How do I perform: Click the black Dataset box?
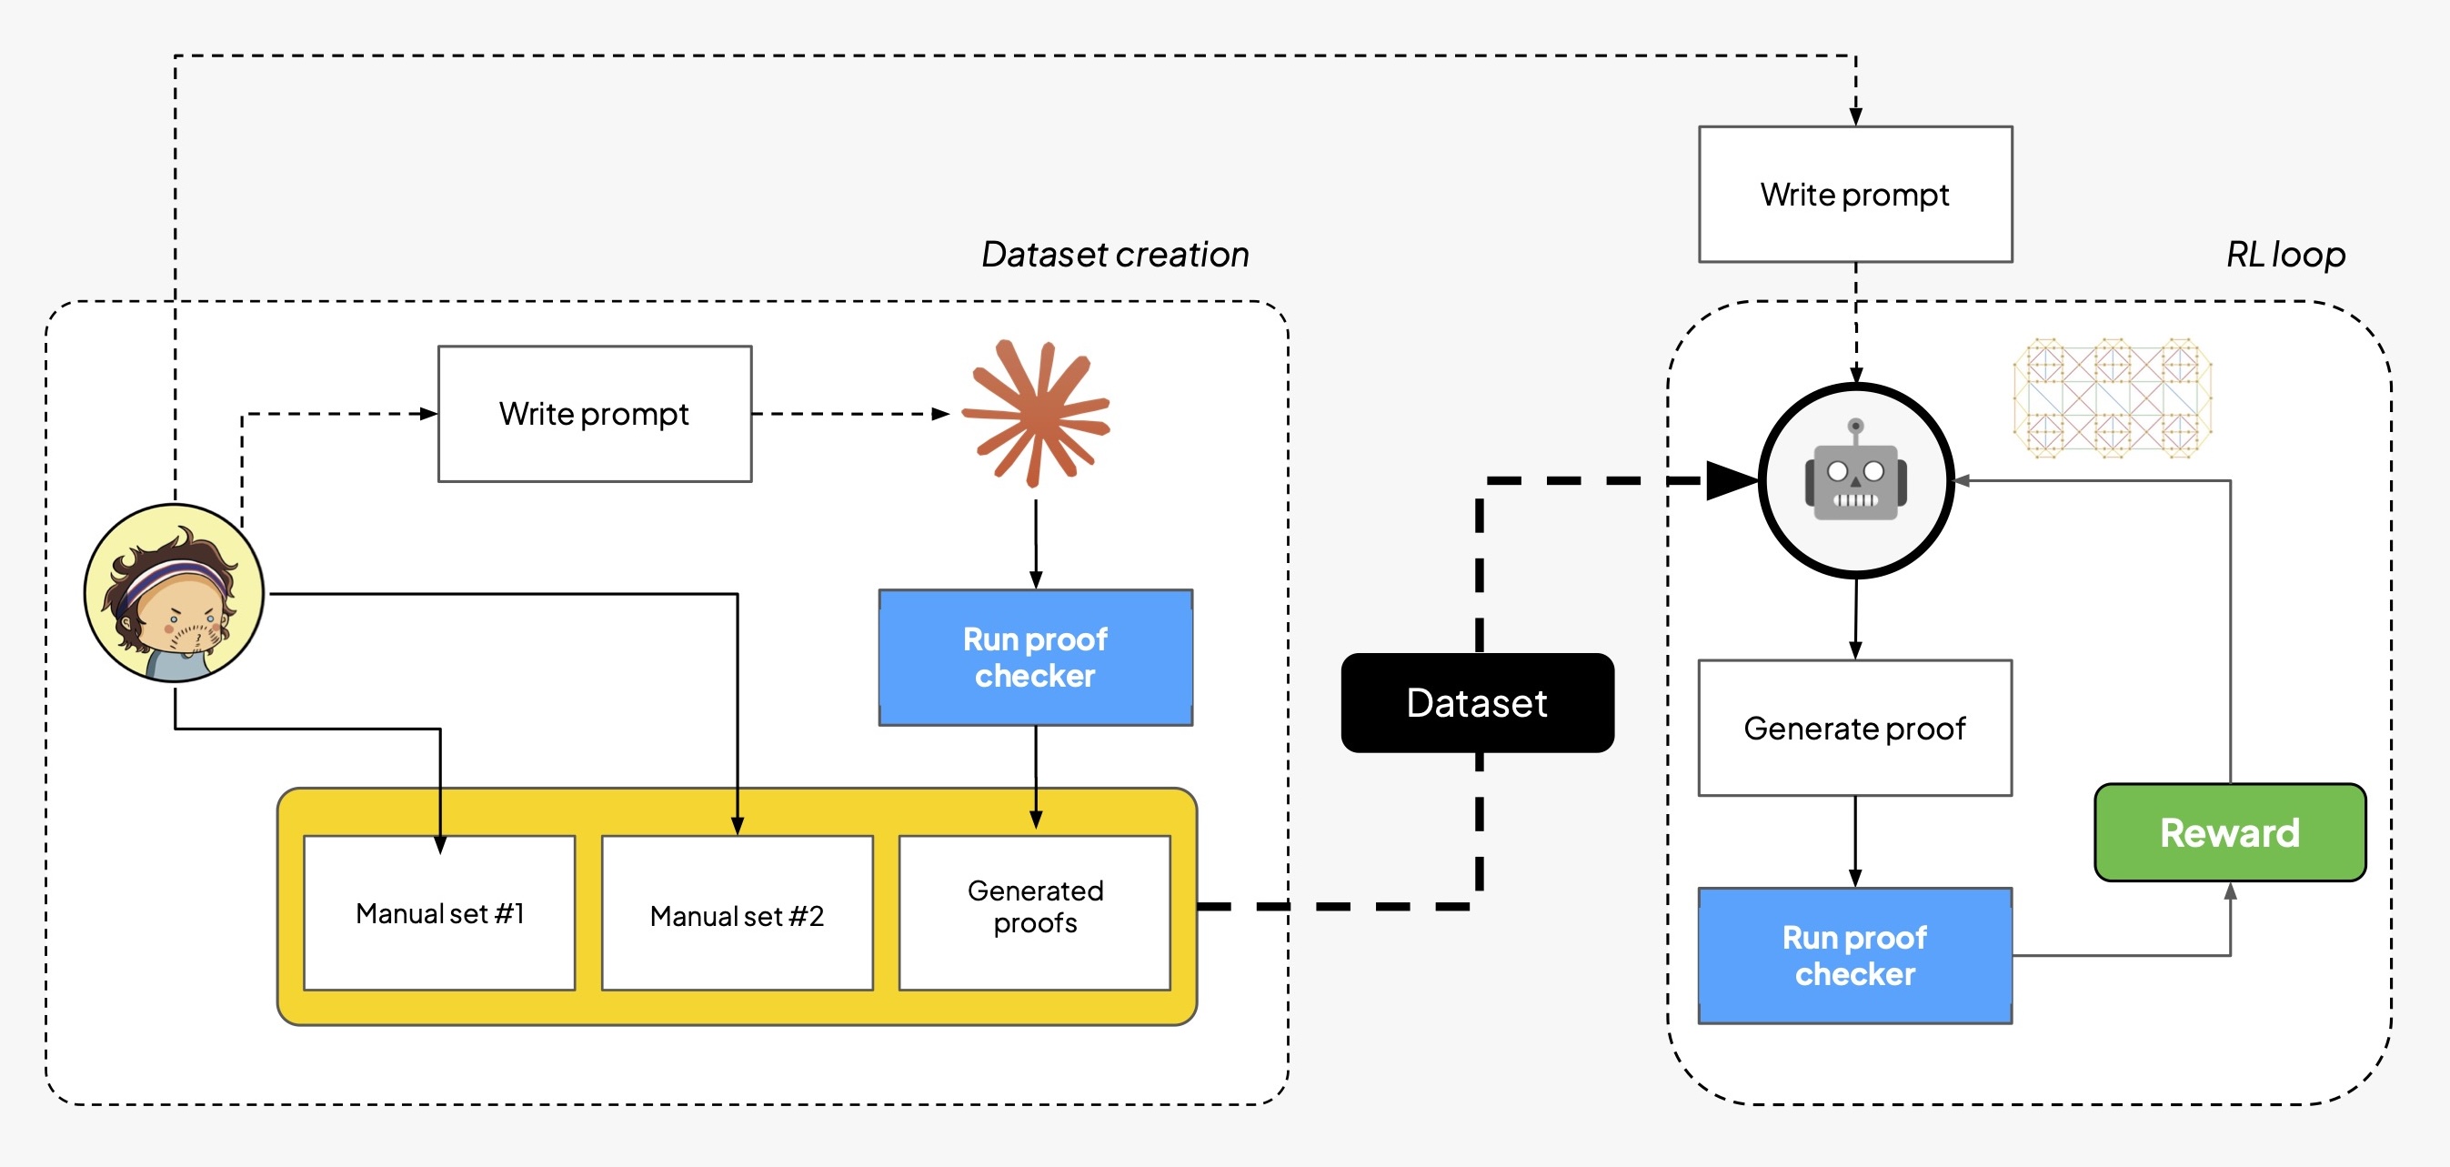coord(1477,703)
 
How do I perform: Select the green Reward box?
coord(2229,832)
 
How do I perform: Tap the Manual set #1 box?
coord(439,913)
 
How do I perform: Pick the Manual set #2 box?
coord(738,915)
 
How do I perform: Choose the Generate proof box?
coord(1854,728)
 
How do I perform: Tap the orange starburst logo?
coord(1036,413)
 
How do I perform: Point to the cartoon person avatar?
coord(174,592)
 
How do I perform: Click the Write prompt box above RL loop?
coord(1854,194)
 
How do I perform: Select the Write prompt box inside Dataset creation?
coord(595,414)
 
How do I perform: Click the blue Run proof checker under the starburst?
coord(1035,658)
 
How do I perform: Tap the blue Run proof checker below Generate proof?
coord(1854,955)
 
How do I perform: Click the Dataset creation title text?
coord(1115,254)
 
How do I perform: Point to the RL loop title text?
coord(2285,254)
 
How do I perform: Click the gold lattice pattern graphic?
coord(2113,397)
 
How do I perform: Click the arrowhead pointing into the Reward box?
coord(2230,891)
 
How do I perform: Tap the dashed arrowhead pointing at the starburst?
coord(940,414)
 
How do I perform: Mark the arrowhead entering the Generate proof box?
coord(1854,650)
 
